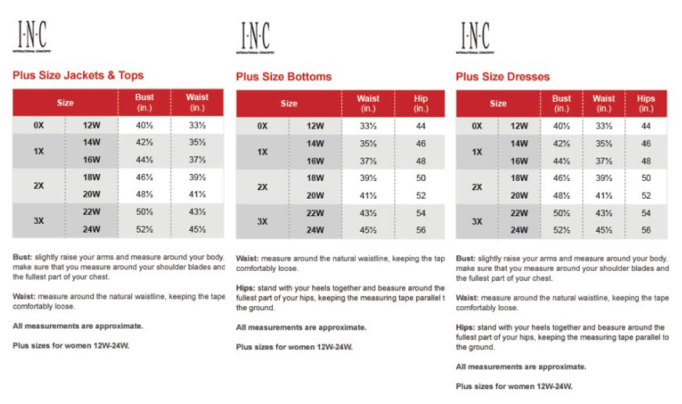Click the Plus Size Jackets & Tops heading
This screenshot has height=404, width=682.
pyautogui.click(x=78, y=75)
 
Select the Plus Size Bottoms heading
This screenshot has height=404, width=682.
pyautogui.click(x=284, y=77)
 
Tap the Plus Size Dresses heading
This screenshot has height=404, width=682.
pyautogui.click(x=503, y=77)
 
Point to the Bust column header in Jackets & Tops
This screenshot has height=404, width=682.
pyautogui.click(x=144, y=102)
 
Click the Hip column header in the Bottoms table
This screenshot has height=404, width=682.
pyautogui.click(x=421, y=103)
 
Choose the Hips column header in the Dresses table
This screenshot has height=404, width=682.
pyautogui.click(x=645, y=103)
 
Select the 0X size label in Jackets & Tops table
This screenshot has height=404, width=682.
pyautogui.click(x=38, y=125)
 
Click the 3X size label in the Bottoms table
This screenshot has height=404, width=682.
pyautogui.click(x=263, y=221)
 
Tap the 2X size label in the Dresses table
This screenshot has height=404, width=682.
pyautogui.click(x=477, y=187)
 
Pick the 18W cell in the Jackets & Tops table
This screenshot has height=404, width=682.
pyautogui.click(x=92, y=178)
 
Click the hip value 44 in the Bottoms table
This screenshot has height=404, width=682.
pyautogui.click(x=421, y=126)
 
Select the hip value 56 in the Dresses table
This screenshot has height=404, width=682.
pyautogui.click(x=645, y=230)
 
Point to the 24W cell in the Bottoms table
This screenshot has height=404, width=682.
pyautogui.click(x=315, y=229)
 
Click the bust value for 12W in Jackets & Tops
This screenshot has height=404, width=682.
pyautogui.click(x=144, y=125)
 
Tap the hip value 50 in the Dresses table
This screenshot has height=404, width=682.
pyautogui.click(x=645, y=179)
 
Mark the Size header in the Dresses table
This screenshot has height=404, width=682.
pyautogui.click(x=498, y=103)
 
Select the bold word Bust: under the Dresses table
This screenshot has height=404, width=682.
pyautogui.click(x=466, y=258)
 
